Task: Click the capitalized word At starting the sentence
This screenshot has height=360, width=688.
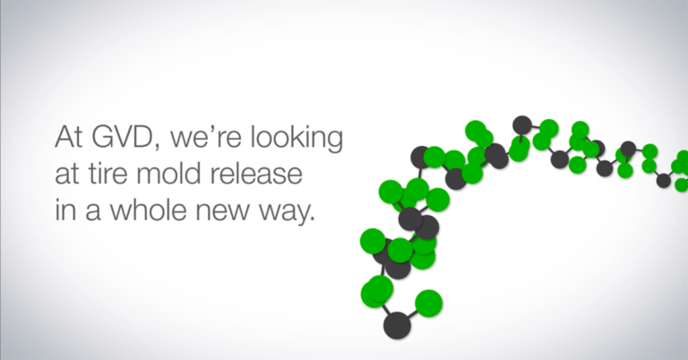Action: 68,138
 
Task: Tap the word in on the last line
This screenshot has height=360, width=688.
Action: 65,210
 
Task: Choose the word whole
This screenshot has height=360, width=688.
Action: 148,210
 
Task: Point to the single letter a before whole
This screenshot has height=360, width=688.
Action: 91,212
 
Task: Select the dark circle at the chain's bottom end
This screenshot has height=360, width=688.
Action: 397,325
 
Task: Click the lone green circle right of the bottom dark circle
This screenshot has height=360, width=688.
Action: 428,303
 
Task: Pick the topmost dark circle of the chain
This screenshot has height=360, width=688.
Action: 521,125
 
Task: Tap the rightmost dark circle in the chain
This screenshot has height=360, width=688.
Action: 664,181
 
